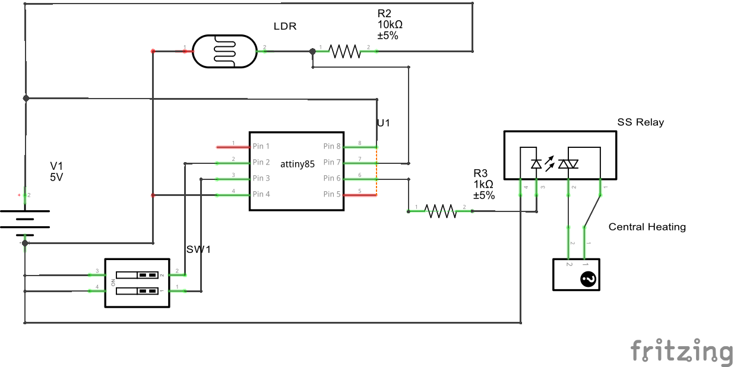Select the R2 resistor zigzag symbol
pos(345,51)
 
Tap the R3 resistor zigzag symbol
pos(440,211)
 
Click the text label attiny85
pos(297,164)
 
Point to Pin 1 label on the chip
pos(261,146)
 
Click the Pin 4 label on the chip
pos(261,194)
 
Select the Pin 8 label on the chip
pos(332,146)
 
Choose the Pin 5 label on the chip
pos(332,194)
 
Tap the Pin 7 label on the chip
pos(332,162)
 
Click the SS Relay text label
pos(640,122)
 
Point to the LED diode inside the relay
pos(536,163)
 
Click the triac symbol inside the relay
pos(568,163)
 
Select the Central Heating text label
pos(647,227)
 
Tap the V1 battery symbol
pos(25,223)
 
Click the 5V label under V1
pos(56,177)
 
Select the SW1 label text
pos(198,249)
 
